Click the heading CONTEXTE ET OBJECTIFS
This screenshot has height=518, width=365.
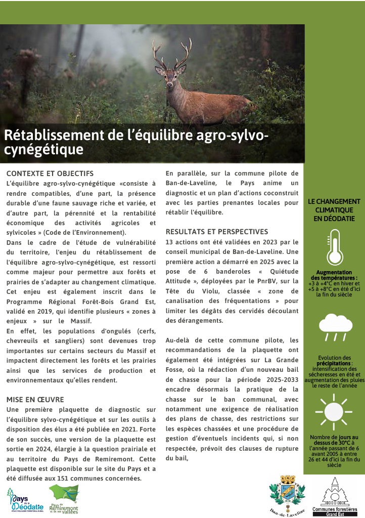pos(50,174)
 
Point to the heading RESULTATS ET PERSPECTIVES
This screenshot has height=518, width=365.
pos(217,232)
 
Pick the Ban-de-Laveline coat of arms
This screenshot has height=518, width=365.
pos(287,496)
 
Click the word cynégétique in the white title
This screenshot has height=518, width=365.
pos(43,150)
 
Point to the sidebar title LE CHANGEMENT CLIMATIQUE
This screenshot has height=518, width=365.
pos(334,210)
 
